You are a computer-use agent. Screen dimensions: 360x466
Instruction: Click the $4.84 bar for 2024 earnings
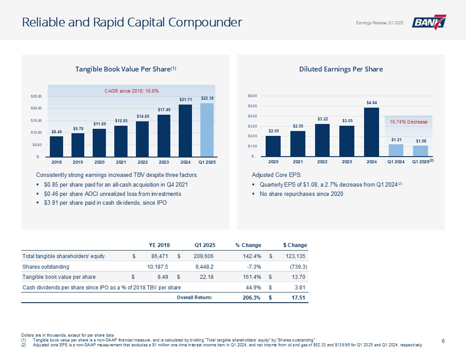372,131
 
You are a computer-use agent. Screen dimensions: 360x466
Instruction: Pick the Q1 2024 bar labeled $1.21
396,150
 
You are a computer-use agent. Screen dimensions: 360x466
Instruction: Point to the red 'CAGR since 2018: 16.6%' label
132,91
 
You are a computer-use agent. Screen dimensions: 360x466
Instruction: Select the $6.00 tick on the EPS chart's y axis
252,96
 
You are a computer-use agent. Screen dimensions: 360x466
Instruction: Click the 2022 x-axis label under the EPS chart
322,161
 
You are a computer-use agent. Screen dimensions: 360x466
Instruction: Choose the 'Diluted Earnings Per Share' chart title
341,69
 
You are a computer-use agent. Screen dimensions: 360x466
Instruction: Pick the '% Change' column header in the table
248,245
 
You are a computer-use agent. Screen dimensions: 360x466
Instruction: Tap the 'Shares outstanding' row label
46,266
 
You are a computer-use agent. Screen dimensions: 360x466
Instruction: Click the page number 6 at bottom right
443,340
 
